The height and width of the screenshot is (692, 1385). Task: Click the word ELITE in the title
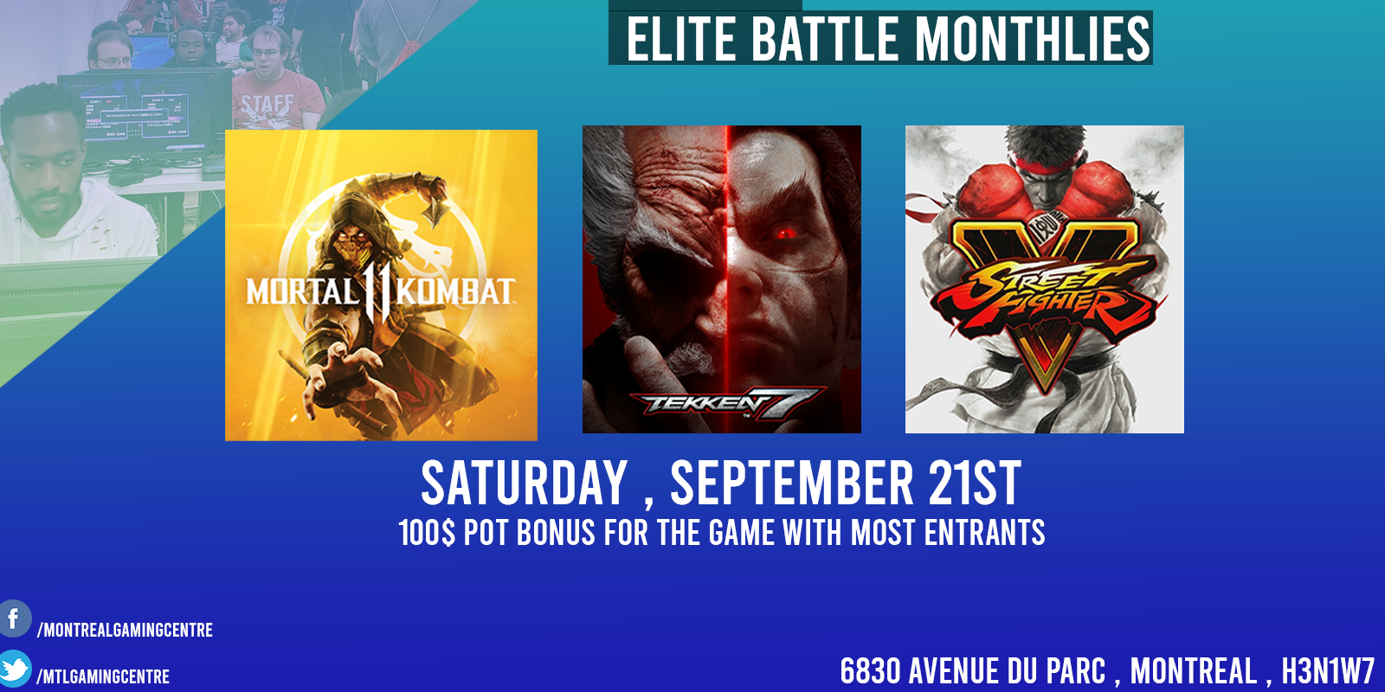click(680, 39)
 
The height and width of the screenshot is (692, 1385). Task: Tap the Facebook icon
click(15, 618)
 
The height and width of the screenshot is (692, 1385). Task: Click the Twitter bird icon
click(15, 669)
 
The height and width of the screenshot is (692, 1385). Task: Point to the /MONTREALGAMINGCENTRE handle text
click(125, 631)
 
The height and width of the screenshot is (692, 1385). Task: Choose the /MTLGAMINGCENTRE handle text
click(103, 676)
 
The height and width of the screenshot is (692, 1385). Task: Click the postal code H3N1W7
click(1327, 671)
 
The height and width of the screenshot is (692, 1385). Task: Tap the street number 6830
click(870, 671)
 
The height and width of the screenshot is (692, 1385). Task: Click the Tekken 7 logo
click(727, 403)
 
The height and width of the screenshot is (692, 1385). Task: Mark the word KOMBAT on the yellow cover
click(455, 292)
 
